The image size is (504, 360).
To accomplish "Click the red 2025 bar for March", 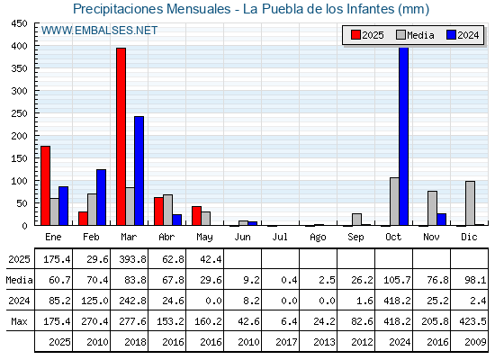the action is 121,137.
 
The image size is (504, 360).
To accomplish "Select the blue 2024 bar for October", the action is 403,137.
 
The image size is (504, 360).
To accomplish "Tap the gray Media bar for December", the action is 470,203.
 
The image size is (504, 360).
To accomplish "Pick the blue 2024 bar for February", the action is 101,197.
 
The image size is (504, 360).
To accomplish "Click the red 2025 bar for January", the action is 46,185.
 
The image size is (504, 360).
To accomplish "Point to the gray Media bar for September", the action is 356,220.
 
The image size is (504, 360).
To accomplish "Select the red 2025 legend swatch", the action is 355,35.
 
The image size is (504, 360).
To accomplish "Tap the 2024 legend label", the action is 468,35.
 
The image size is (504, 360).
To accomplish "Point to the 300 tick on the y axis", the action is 19,91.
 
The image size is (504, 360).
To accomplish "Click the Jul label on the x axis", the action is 280,238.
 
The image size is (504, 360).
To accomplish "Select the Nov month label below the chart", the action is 431,238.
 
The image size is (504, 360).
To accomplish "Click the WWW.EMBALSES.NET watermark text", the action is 99,31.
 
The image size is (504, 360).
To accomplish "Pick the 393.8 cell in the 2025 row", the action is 133,259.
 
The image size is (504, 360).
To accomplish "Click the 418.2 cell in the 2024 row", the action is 397,301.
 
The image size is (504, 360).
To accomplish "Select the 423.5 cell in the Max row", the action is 472,321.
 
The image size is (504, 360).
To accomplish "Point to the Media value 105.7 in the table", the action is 397,280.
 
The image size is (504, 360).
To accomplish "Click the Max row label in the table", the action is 19,321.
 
